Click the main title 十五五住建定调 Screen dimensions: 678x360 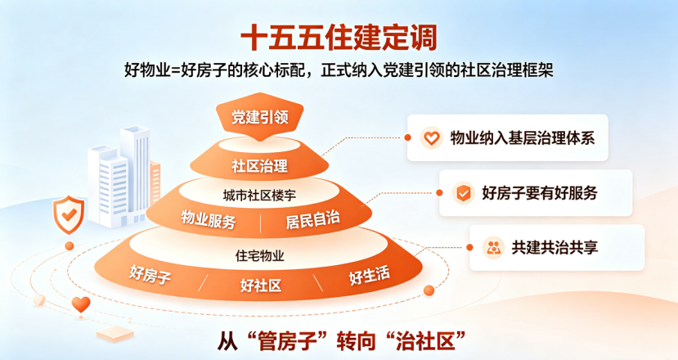[339, 38]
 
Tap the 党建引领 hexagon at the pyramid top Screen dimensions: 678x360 [259, 116]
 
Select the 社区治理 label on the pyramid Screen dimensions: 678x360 [259, 166]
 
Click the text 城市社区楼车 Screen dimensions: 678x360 [259, 196]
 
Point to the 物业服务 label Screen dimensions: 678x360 [209, 219]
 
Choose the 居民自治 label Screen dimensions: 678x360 [312, 219]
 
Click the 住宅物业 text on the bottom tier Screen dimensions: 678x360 [259, 256]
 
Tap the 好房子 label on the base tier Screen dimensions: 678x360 [150, 274]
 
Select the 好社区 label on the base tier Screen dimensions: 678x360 [261, 286]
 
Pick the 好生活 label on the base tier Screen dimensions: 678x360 [370, 275]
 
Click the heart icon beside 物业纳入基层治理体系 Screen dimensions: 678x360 [431, 138]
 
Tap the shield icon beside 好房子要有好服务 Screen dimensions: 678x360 [463, 193]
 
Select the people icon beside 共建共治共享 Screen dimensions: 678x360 [493, 248]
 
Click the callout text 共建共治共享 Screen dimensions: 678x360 [555, 247]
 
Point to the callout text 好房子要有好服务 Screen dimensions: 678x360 [540, 193]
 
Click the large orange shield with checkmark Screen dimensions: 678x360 [69, 214]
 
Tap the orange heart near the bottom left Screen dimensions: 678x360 [81, 304]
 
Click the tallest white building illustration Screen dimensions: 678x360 [135, 173]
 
